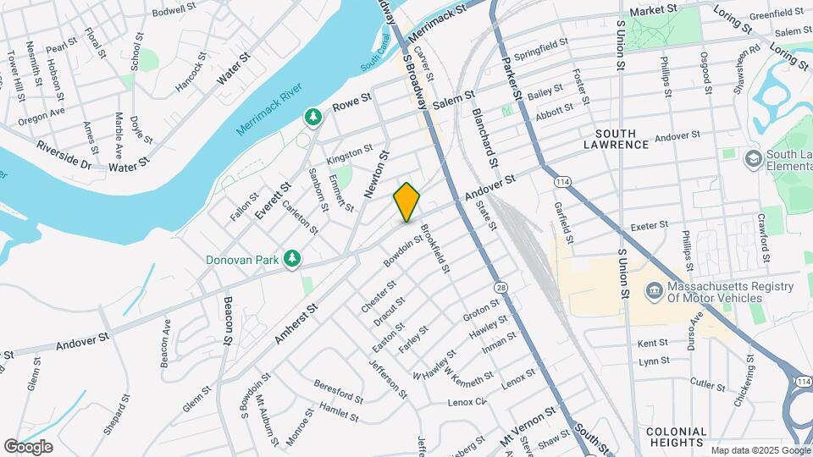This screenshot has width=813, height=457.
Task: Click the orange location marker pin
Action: [406, 201]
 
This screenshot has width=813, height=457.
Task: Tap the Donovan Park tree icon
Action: [293, 258]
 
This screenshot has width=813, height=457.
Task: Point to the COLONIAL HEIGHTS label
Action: [676, 437]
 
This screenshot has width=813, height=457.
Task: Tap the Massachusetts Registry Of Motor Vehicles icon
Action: [654, 292]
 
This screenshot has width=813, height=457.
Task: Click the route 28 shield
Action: [501, 289]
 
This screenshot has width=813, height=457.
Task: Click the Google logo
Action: [28, 446]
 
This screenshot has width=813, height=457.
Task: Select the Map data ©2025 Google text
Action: [759, 449]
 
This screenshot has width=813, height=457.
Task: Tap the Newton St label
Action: [376, 174]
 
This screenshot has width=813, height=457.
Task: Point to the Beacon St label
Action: [228, 322]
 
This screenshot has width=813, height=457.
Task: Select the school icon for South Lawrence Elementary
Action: [752, 158]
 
